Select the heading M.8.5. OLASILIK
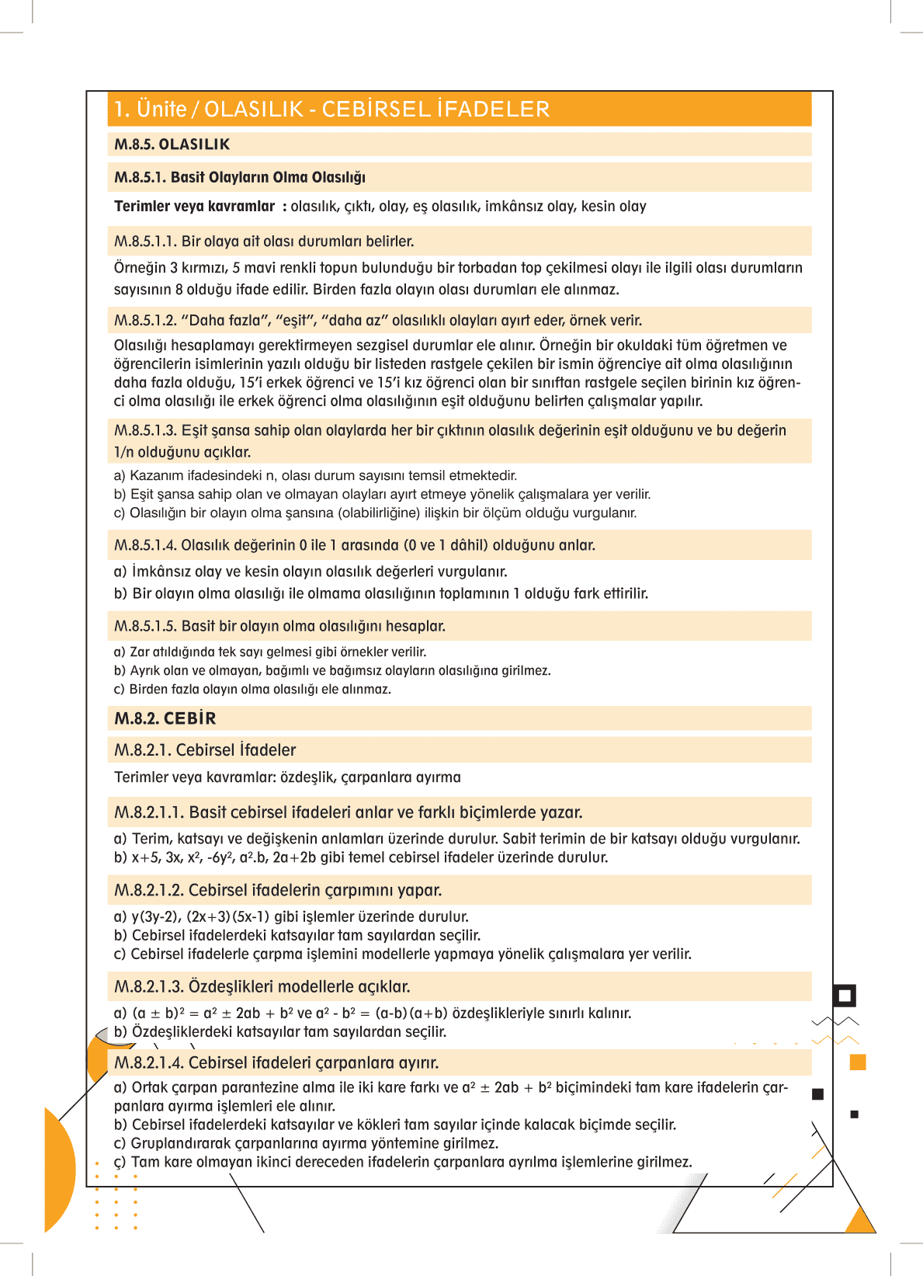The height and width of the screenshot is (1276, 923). [x=172, y=144]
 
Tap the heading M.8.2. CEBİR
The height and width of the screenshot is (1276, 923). [x=165, y=718]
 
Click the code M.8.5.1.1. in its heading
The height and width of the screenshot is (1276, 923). [x=145, y=242]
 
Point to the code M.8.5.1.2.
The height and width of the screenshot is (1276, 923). [x=145, y=321]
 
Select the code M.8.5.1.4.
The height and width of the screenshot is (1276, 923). [x=145, y=545]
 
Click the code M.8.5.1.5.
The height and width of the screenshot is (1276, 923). [x=145, y=626]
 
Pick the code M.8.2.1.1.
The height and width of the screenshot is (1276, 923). [x=149, y=812]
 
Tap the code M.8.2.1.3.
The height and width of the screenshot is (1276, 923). [x=149, y=986]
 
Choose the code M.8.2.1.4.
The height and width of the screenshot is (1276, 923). [x=149, y=1062]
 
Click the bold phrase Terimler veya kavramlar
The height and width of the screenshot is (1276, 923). [x=194, y=207]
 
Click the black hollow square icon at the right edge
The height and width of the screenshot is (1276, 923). [x=845, y=996]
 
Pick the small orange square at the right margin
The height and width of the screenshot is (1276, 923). [x=858, y=1062]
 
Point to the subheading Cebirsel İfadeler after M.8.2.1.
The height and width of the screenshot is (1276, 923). [x=236, y=750]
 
